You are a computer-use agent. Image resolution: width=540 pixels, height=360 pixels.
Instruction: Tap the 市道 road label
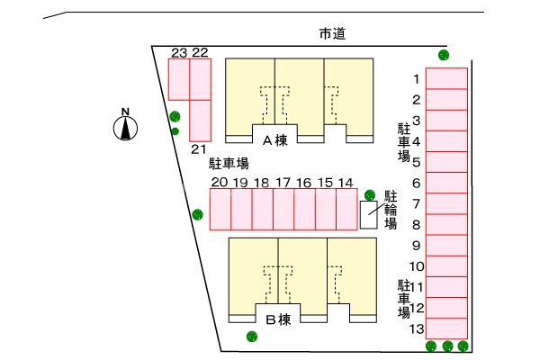coord(333,35)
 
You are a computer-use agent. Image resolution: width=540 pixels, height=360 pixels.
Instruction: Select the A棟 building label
coord(274,140)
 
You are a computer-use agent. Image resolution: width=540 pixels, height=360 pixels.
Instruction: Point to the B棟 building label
coord(278,319)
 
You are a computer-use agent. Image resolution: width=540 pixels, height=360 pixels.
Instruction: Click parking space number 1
coord(446,78)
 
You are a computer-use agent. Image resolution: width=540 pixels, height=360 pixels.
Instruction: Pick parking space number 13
coord(446,328)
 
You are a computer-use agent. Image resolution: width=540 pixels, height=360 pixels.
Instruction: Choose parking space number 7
coord(446,203)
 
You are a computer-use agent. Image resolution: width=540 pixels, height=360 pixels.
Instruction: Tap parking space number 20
coord(220,210)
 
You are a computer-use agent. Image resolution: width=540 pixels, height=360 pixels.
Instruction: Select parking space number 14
coord(346,210)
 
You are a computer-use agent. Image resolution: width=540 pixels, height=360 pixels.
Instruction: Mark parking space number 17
coord(283,210)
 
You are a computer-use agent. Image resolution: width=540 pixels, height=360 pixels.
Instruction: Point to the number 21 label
coord(199,148)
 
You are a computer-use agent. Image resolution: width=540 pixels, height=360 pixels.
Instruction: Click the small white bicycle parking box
coord(369,215)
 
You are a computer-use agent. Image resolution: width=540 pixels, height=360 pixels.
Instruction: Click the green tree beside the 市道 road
coord(443,55)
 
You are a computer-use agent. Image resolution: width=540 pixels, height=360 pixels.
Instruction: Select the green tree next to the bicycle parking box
coord(369,194)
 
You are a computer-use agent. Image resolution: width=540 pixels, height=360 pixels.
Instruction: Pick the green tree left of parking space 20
coord(197,214)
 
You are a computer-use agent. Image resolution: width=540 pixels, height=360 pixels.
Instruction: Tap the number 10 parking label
coord(416,266)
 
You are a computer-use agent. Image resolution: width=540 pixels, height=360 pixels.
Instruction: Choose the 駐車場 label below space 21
coord(229,164)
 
